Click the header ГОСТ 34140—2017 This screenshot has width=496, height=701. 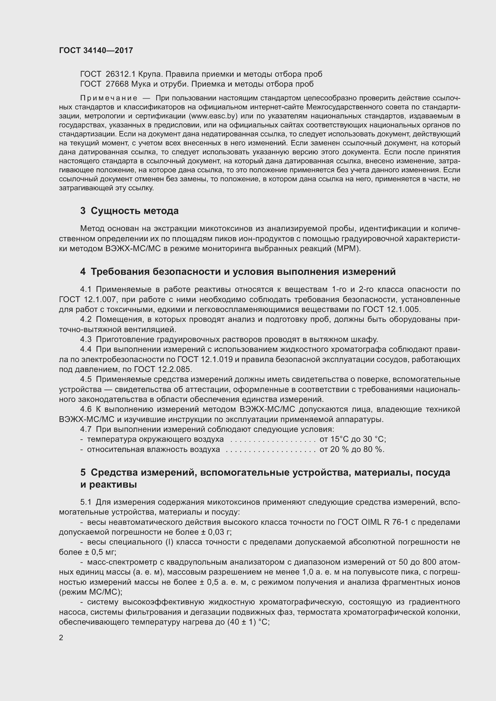pos(96,50)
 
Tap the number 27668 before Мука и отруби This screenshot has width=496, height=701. pos(117,84)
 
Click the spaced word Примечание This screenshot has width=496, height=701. pos(109,98)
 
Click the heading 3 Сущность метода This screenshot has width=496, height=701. pos(129,211)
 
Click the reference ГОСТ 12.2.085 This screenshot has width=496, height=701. pos(163,370)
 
